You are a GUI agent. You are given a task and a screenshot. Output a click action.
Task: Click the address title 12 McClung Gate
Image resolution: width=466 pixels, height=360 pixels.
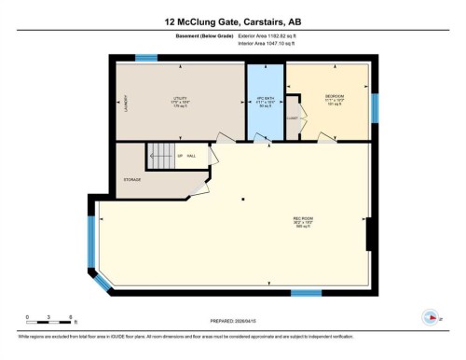coord(233,20)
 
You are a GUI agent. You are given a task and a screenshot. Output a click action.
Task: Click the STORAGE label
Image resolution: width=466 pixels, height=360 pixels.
coord(131,179)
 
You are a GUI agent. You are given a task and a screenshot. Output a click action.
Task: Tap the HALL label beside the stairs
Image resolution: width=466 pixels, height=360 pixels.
coord(191,156)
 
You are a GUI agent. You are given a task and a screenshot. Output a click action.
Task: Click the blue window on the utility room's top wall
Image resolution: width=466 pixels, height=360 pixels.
coord(145,58)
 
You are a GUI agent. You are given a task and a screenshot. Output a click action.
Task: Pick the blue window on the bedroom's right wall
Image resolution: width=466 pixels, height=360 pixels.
coord(376,108)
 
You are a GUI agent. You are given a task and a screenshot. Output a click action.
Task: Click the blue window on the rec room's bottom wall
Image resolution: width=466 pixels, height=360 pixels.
coord(306,294)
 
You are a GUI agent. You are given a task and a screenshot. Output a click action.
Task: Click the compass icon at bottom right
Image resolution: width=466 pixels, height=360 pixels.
coord(431,314)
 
